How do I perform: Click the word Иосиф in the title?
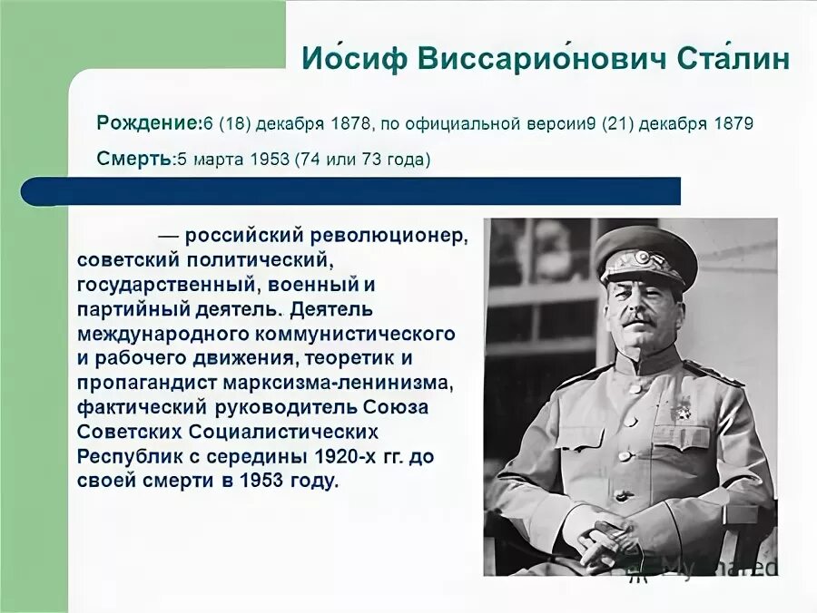tap(353, 60)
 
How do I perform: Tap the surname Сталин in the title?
tap(733, 60)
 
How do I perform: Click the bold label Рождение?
tap(148, 122)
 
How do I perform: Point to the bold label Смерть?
tap(134, 160)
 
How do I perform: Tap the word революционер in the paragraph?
tap(389, 236)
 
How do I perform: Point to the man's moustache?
tap(638, 319)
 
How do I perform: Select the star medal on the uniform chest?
tap(681, 409)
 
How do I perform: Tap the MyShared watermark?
tap(717, 567)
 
